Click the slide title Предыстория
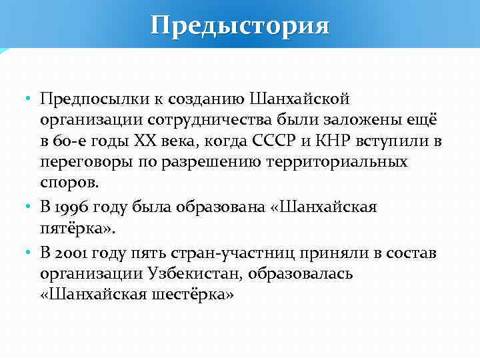pyautogui.click(x=240, y=25)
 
